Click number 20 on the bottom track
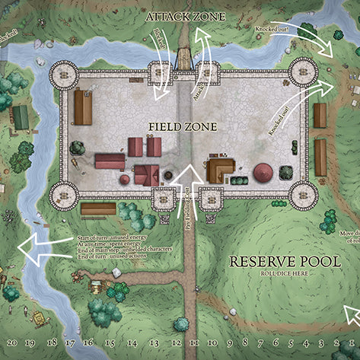coord(10,343)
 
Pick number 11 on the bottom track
coord(194,343)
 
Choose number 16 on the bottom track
coord(88,343)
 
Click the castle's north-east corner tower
coord(302,72)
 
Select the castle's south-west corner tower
coord(63,196)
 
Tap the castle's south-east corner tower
coord(302,196)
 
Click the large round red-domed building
coord(263,171)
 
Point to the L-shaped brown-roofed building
coord(220,168)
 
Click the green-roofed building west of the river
coord(21,116)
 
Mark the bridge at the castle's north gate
coord(183,57)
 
